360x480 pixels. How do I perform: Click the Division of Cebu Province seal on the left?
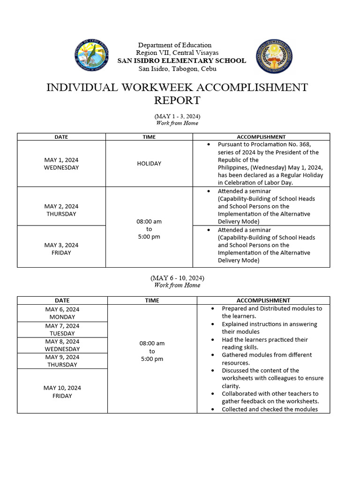pyautogui.click(x=91, y=56)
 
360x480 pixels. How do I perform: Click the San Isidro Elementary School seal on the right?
pyautogui.click(x=275, y=57)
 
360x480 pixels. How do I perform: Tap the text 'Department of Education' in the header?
pyautogui.click(x=174, y=45)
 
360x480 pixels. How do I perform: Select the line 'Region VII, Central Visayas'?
pyautogui.click(x=177, y=53)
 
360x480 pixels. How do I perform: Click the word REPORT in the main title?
pyautogui.click(x=177, y=100)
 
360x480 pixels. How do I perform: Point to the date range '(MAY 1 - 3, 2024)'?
pyautogui.click(x=177, y=116)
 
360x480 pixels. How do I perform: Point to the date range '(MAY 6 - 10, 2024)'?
pyautogui.click(x=177, y=278)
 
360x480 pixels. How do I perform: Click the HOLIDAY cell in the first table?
pyautogui.click(x=149, y=164)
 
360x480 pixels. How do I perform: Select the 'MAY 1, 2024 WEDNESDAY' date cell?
pyautogui.click(x=61, y=164)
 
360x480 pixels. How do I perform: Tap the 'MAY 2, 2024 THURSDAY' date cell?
pyautogui.click(x=61, y=210)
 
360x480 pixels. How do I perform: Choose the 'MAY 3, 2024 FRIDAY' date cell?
pyautogui.click(x=61, y=249)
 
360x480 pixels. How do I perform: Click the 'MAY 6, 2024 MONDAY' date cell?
pyautogui.click(x=62, y=313)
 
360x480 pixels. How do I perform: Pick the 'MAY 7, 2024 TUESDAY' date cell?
pyautogui.click(x=62, y=330)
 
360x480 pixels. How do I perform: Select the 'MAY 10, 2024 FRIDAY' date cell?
pyautogui.click(x=62, y=392)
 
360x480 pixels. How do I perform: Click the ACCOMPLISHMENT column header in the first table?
pyautogui.click(x=261, y=137)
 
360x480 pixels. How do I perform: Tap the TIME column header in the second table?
pyautogui.click(x=152, y=300)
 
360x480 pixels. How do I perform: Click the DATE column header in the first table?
pyautogui.click(x=61, y=137)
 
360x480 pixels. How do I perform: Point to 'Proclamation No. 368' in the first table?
pyautogui.click(x=281, y=144)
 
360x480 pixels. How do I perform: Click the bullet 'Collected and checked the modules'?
pyautogui.click(x=270, y=409)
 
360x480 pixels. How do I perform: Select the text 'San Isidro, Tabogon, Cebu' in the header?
pyautogui.click(x=177, y=69)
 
